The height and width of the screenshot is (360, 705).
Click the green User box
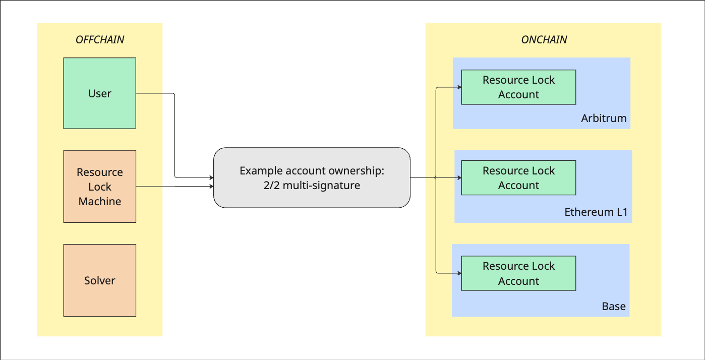pyautogui.click(x=100, y=93)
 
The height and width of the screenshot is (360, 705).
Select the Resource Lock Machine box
pyautogui.click(x=100, y=186)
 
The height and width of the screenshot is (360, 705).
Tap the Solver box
pyautogui.click(x=100, y=280)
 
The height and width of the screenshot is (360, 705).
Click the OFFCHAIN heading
pyautogui.click(x=100, y=40)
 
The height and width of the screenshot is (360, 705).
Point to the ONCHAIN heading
pyautogui.click(x=544, y=40)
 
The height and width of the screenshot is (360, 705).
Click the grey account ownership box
pyautogui.click(x=312, y=177)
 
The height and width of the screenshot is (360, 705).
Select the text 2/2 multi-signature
pyautogui.click(x=312, y=186)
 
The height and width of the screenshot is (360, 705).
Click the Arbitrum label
pyautogui.click(x=604, y=118)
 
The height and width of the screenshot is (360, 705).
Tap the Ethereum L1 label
pyautogui.click(x=596, y=212)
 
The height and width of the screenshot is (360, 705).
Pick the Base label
pyautogui.click(x=614, y=306)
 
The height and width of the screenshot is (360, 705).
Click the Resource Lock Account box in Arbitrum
pyautogui.click(x=519, y=87)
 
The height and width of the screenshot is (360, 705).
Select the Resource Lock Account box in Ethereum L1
pyautogui.click(x=519, y=178)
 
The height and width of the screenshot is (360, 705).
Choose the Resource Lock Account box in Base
pyautogui.click(x=519, y=273)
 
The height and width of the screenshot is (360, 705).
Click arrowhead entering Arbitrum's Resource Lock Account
pyautogui.click(x=459, y=87)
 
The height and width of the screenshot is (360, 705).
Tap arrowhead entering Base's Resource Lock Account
pyautogui.click(x=459, y=273)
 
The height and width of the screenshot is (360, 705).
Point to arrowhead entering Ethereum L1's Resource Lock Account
pyautogui.click(x=459, y=178)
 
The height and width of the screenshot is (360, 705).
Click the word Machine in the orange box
pyautogui.click(x=100, y=201)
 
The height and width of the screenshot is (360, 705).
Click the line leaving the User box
pyautogui.click(x=174, y=135)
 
